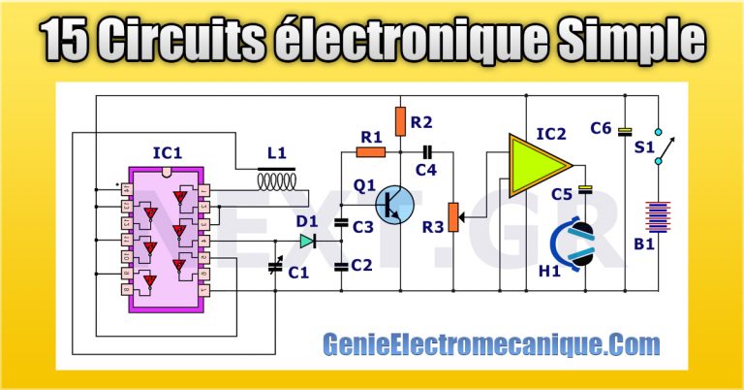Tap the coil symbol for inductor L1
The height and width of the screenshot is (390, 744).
pyautogui.click(x=276, y=181)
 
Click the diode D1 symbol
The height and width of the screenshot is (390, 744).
pyautogui.click(x=308, y=240)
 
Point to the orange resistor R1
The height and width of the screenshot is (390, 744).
pyautogui.click(x=371, y=150)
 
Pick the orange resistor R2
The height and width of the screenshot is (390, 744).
pyautogui.click(x=400, y=121)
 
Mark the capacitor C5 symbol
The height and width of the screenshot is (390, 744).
pyautogui.click(x=584, y=188)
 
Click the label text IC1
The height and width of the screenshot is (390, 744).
pyautogui.click(x=168, y=152)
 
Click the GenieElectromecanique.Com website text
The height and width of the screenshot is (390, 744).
pyautogui.click(x=491, y=343)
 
